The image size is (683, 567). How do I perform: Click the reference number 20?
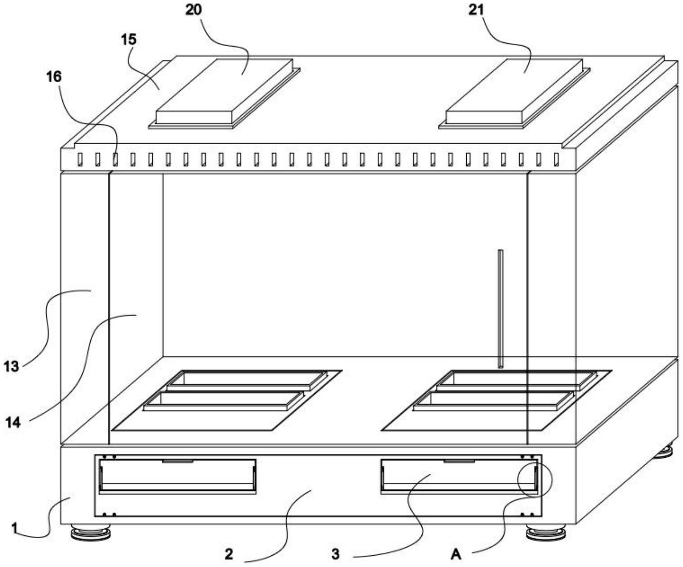(193, 10)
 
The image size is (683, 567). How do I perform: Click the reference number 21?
(476, 10)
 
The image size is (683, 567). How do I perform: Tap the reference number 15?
(128, 40)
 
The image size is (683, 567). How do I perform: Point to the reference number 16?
(54, 77)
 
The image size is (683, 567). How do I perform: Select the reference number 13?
(11, 367)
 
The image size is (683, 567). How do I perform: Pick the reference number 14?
(13, 422)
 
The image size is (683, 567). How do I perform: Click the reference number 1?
(14, 528)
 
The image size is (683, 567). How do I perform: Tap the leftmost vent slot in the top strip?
(80, 159)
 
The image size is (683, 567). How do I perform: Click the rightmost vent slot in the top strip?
(556, 159)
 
